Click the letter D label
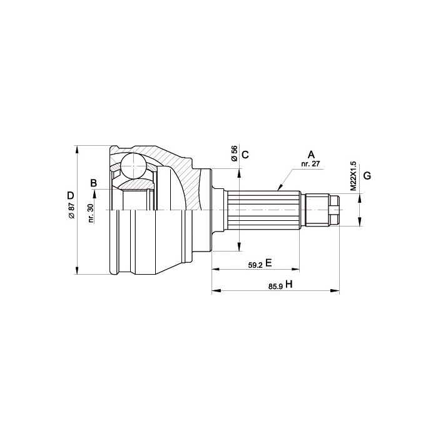(71, 195)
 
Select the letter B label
(94, 183)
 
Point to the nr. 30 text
(91, 213)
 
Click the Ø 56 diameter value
(234, 153)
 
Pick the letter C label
(245, 154)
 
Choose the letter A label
(311, 154)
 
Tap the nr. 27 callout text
(310, 164)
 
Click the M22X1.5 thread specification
(354, 176)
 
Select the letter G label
(367, 176)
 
